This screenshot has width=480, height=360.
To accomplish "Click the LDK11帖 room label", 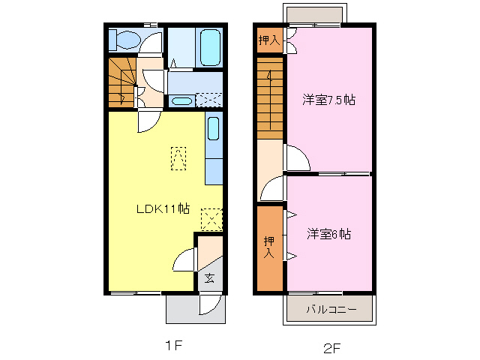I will click(162, 208).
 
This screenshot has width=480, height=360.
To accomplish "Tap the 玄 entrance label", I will click(209, 278).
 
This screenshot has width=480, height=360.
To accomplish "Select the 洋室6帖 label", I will click(328, 234).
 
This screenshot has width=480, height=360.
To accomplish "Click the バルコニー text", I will click(330, 308).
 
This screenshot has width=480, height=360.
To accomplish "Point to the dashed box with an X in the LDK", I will click(212, 218).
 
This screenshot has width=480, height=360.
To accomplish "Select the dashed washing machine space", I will click(209, 100).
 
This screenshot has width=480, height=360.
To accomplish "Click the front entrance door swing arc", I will click(211, 304).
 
